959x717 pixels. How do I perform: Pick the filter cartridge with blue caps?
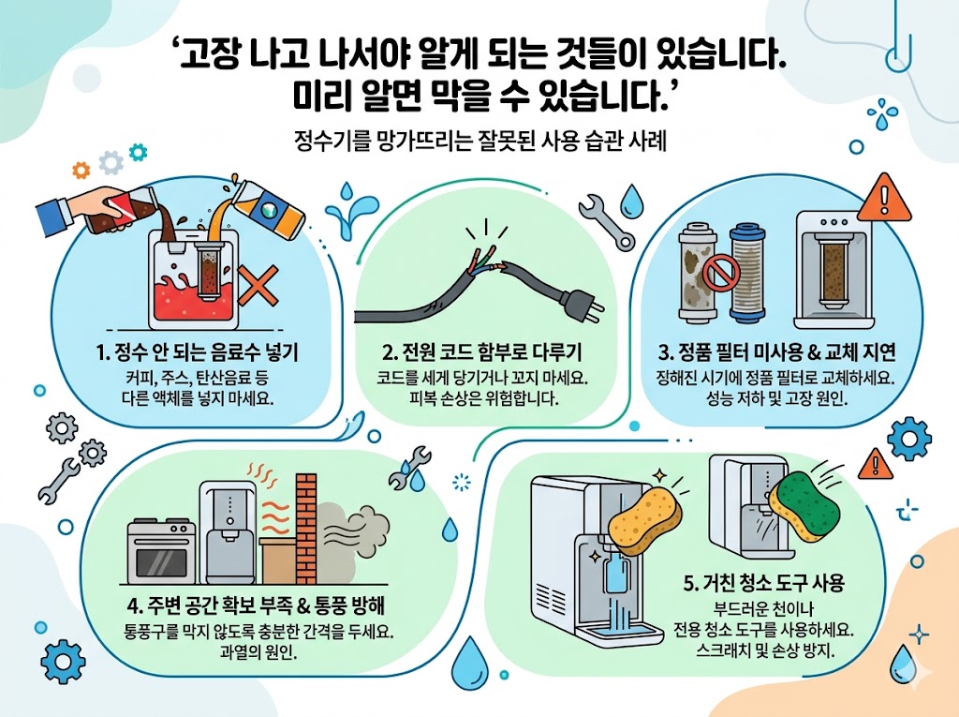pos(750,272)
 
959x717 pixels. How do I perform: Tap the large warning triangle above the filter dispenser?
pos(884,198)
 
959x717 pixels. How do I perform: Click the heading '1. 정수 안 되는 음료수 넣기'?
pos(197,352)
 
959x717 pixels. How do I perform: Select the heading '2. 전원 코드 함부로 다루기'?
pos(482,352)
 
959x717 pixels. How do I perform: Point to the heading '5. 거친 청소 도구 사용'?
pos(764,582)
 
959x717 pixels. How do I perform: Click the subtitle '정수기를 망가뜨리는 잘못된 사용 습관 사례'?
pos(480,142)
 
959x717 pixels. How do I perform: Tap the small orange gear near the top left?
pos(81,170)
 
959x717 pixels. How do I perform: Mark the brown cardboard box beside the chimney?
pos(278,560)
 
